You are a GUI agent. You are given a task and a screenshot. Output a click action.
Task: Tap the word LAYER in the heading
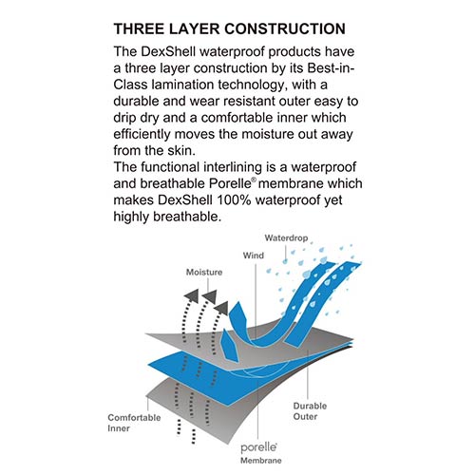(x=194, y=28)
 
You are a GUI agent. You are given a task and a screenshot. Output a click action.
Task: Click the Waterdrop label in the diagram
(x=286, y=237)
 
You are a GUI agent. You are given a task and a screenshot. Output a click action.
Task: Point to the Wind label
(x=253, y=256)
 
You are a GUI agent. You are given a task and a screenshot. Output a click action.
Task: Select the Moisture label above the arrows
(x=204, y=272)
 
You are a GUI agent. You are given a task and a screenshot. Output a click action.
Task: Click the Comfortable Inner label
(x=134, y=423)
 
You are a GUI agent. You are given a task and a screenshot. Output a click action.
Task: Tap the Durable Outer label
(x=310, y=411)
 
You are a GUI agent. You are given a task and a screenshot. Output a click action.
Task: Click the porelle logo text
(x=258, y=447)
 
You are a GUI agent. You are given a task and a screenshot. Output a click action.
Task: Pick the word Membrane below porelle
(x=260, y=461)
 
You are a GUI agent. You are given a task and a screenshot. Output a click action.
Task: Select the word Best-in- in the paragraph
(x=332, y=68)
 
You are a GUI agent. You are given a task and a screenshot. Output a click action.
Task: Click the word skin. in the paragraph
(x=181, y=151)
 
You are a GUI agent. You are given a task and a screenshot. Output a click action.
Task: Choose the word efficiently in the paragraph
(x=142, y=135)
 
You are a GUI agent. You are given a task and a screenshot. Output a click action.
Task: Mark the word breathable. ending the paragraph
(x=186, y=217)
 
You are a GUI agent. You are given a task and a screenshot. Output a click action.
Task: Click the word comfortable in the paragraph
(x=237, y=118)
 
